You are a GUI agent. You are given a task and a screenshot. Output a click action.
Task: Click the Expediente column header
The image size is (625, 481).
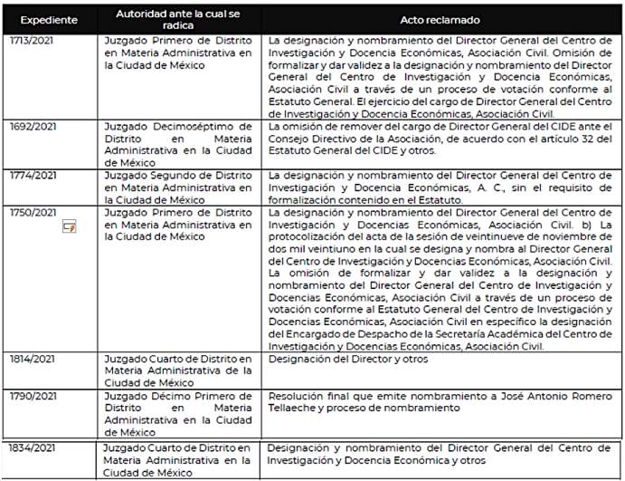[49, 19]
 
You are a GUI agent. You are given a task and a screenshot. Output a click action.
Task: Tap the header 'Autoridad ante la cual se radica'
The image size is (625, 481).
[175, 19]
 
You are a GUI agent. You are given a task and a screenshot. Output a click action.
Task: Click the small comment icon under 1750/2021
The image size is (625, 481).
[68, 226]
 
